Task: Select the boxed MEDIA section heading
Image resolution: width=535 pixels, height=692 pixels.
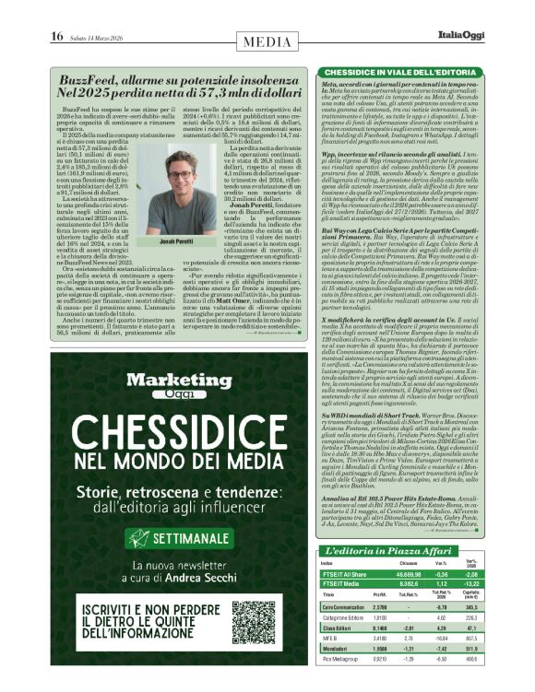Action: pos(267,41)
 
